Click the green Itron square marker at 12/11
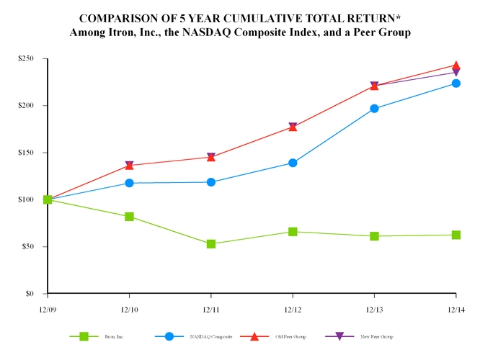point(210,244)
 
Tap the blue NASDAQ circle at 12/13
point(374,109)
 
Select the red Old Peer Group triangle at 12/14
point(455,66)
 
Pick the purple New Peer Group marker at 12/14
point(455,73)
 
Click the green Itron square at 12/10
point(129,216)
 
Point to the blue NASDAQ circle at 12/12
point(293,163)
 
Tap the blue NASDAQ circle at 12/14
point(455,84)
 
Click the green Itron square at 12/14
point(455,235)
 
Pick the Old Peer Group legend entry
point(292,336)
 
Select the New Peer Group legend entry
point(377,336)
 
